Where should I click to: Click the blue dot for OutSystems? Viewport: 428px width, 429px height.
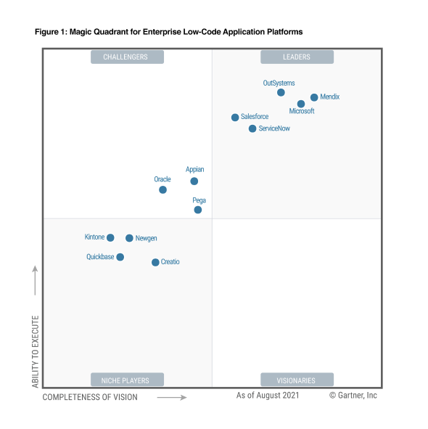(281, 92)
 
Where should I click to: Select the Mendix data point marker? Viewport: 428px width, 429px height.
(314, 97)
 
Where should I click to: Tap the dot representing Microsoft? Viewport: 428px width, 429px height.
(301, 104)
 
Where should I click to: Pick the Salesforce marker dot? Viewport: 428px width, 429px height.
(235, 118)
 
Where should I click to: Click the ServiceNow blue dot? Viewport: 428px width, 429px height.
(252, 128)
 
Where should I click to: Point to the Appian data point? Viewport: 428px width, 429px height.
(194, 181)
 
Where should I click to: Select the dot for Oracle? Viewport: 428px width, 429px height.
(162, 189)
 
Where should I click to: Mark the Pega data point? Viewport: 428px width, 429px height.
(197, 210)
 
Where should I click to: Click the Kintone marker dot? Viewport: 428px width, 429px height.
(110, 237)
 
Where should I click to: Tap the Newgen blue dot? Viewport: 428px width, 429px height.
(129, 238)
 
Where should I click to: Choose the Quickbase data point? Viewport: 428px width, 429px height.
(120, 257)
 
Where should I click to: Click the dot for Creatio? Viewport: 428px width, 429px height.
(155, 262)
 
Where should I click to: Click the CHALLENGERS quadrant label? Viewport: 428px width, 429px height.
(126, 57)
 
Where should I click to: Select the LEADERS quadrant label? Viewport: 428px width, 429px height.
(297, 57)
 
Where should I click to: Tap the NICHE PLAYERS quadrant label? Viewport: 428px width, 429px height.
(126, 380)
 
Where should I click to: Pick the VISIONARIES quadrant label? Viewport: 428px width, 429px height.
(297, 380)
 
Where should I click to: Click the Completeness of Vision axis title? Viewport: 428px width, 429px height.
(90, 397)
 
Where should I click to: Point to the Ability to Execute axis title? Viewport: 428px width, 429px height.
(35, 351)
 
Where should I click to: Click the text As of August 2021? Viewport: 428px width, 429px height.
(268, 396)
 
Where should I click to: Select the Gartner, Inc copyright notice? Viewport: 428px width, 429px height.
(353, 396)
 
